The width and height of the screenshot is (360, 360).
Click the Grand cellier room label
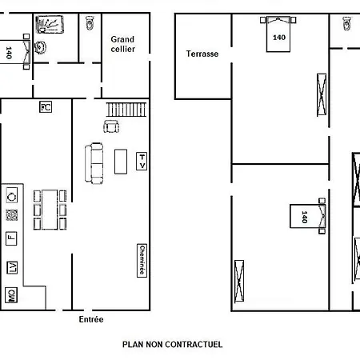(122, 44)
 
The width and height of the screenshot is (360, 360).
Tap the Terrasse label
(202, 54)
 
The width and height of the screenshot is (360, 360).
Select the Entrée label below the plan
(91, 319)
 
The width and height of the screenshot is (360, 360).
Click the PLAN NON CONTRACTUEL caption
(172, 344)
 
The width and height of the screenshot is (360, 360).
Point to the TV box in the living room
(142, 161)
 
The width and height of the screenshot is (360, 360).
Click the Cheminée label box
(142, 261)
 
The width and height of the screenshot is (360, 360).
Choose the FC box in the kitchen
(46, 107)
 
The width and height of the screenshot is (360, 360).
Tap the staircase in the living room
(126, 110)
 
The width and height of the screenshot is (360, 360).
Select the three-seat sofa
(94, 163)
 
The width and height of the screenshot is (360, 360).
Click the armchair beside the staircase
(111, 126)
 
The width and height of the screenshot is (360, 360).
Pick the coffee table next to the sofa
(121, 162)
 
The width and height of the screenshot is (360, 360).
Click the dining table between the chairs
(50, 210)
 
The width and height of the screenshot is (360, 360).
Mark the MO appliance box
(11, 295)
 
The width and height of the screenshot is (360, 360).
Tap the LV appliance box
(12, 267)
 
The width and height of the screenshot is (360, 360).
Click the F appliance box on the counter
(11, 238)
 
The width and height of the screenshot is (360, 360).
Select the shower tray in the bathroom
(50, 25)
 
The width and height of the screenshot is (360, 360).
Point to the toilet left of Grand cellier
(90, 22)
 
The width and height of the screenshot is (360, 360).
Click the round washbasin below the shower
(40, 47)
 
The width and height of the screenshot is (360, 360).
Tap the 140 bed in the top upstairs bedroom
(278, 34)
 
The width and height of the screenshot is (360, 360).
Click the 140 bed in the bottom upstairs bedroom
(308, 216)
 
